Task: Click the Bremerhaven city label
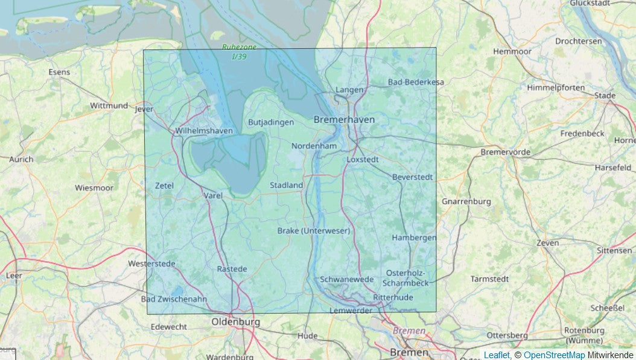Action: click(x=344, y=120)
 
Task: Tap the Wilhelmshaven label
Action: click(x=203, y=131)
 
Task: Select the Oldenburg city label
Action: click(x=235, y=323)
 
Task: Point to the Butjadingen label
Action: click(x=271, y=122)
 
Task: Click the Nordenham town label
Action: click(x=314, y=146)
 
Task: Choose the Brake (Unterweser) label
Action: click(x=313, y=231)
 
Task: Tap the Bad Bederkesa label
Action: click(x=416, y=82)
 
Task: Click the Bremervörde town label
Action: click(x=506, y=152)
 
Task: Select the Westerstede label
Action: click(x=151, y=264)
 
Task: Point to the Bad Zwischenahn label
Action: click(x=173, y=299)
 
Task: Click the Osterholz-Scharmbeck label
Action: click(x=407, y=278)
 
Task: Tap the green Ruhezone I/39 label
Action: click(x=239, y=51)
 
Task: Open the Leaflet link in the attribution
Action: click(x=497, y=355)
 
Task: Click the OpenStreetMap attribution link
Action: click(x=554, y=355)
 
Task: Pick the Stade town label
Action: click(x=605, y=95)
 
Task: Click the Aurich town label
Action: click(x=21, y=159)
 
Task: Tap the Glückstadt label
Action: click(x=594, y=4)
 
